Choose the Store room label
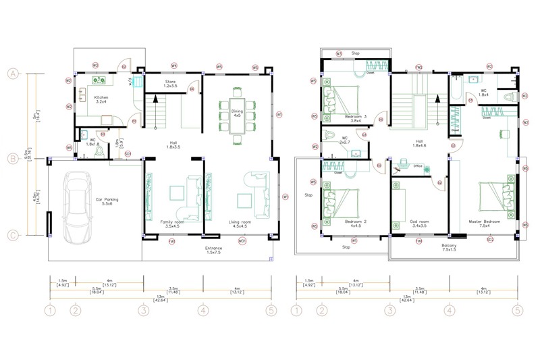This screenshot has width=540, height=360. coord(170,83)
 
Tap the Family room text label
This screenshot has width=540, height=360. coord(172,222)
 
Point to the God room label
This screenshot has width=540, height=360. coord(419,222)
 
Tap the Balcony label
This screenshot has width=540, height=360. coord(450,247)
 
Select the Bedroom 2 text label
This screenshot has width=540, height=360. coord(355,222)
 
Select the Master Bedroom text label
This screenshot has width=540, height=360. coord(484,222)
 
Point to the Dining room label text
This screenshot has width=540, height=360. coord(237,112)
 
